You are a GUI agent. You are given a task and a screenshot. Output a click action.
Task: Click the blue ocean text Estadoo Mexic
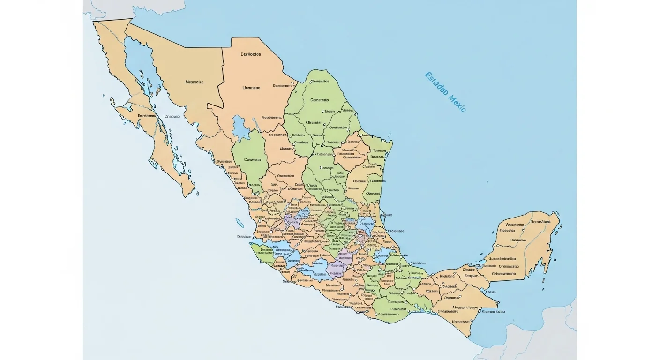click(x=445, y=92)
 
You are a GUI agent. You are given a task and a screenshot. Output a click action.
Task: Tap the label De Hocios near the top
click(x=251, y=54)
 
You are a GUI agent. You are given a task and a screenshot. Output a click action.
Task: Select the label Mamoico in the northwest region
click(x=195, y=82)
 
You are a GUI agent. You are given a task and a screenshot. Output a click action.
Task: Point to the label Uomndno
click(x=251, y=88)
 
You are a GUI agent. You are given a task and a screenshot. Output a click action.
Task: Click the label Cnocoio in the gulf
click(x=172, y=116)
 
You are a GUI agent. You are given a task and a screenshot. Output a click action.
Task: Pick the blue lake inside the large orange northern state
click(x=240, y=127)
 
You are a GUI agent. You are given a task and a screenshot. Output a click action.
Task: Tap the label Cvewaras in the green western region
click(x=252, y=159)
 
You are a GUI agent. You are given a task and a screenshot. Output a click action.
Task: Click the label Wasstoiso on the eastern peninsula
click(x=511, y=225)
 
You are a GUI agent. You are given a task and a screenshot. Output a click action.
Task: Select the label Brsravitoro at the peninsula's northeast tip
click(x=540, y=221)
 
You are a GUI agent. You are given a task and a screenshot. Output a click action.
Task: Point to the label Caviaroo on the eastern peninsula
click(x=518, y=240)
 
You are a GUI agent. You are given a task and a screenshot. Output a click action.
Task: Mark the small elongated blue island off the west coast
click(x=240, y=223)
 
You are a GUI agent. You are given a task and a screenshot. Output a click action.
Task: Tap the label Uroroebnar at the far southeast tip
click(x=460, y=322)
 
